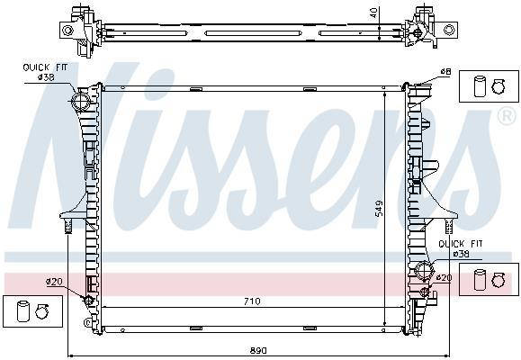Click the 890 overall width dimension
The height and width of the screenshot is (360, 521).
pyautogui.click(x=258, y=350)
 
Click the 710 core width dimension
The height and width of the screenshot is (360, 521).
pyautogui.click(x=252, y=301)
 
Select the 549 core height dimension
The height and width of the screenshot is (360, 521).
pyautogui.click(x=379, y=208)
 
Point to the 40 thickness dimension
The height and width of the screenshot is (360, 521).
pyautogui.click(x=374, y=13)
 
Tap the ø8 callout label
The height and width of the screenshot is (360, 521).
pyautogui.click(x=445, y=71)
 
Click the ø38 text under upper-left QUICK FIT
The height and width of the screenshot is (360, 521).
pyautogui.click(x=46, y=77)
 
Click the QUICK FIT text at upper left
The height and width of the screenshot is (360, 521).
pyautogui.click(x=45, y=67)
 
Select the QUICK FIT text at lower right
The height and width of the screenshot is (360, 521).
pyautogui.click(x=461, y=244)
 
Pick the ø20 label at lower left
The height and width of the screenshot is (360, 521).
pyautogui.click(x=54, y=282)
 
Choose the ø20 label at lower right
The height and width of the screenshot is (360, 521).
pyautogui.click(x=444, y=277)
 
